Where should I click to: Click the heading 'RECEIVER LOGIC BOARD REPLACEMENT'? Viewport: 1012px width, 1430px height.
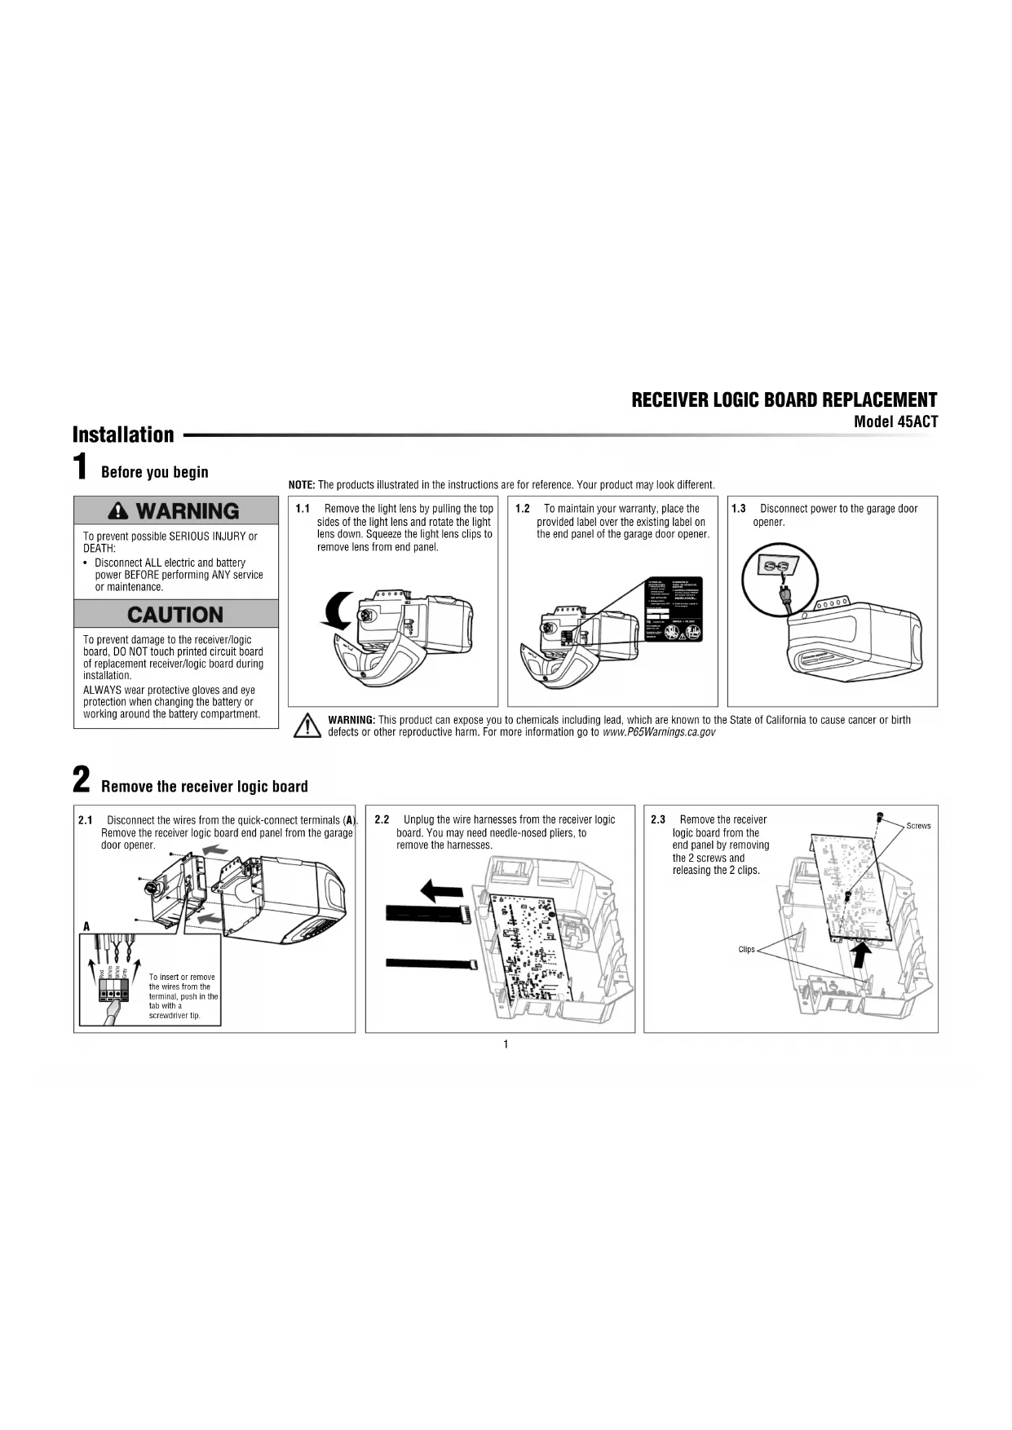pos(784,400)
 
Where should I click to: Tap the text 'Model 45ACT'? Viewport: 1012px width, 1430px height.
pos(895,422)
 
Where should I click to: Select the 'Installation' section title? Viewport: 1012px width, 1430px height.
pos(123,435)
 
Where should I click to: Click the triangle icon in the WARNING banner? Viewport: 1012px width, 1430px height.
pos(119,511)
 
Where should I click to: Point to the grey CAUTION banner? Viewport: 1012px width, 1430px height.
pos(176,614)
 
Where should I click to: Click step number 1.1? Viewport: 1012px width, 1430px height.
pos(303,509)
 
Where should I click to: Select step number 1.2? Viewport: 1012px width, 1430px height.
pos(523,509)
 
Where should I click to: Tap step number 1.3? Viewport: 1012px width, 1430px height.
pos(739,509)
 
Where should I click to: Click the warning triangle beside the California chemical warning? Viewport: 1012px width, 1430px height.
pos(307,726)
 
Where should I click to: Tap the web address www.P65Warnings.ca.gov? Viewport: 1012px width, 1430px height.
pos(659,732)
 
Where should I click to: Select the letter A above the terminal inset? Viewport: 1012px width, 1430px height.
pos(86,926)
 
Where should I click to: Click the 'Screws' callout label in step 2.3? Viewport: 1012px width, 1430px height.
pos(918,826)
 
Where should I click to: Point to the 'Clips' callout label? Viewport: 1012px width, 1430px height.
pos(746,949)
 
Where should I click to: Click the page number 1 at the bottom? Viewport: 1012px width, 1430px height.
pos(506,1044)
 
